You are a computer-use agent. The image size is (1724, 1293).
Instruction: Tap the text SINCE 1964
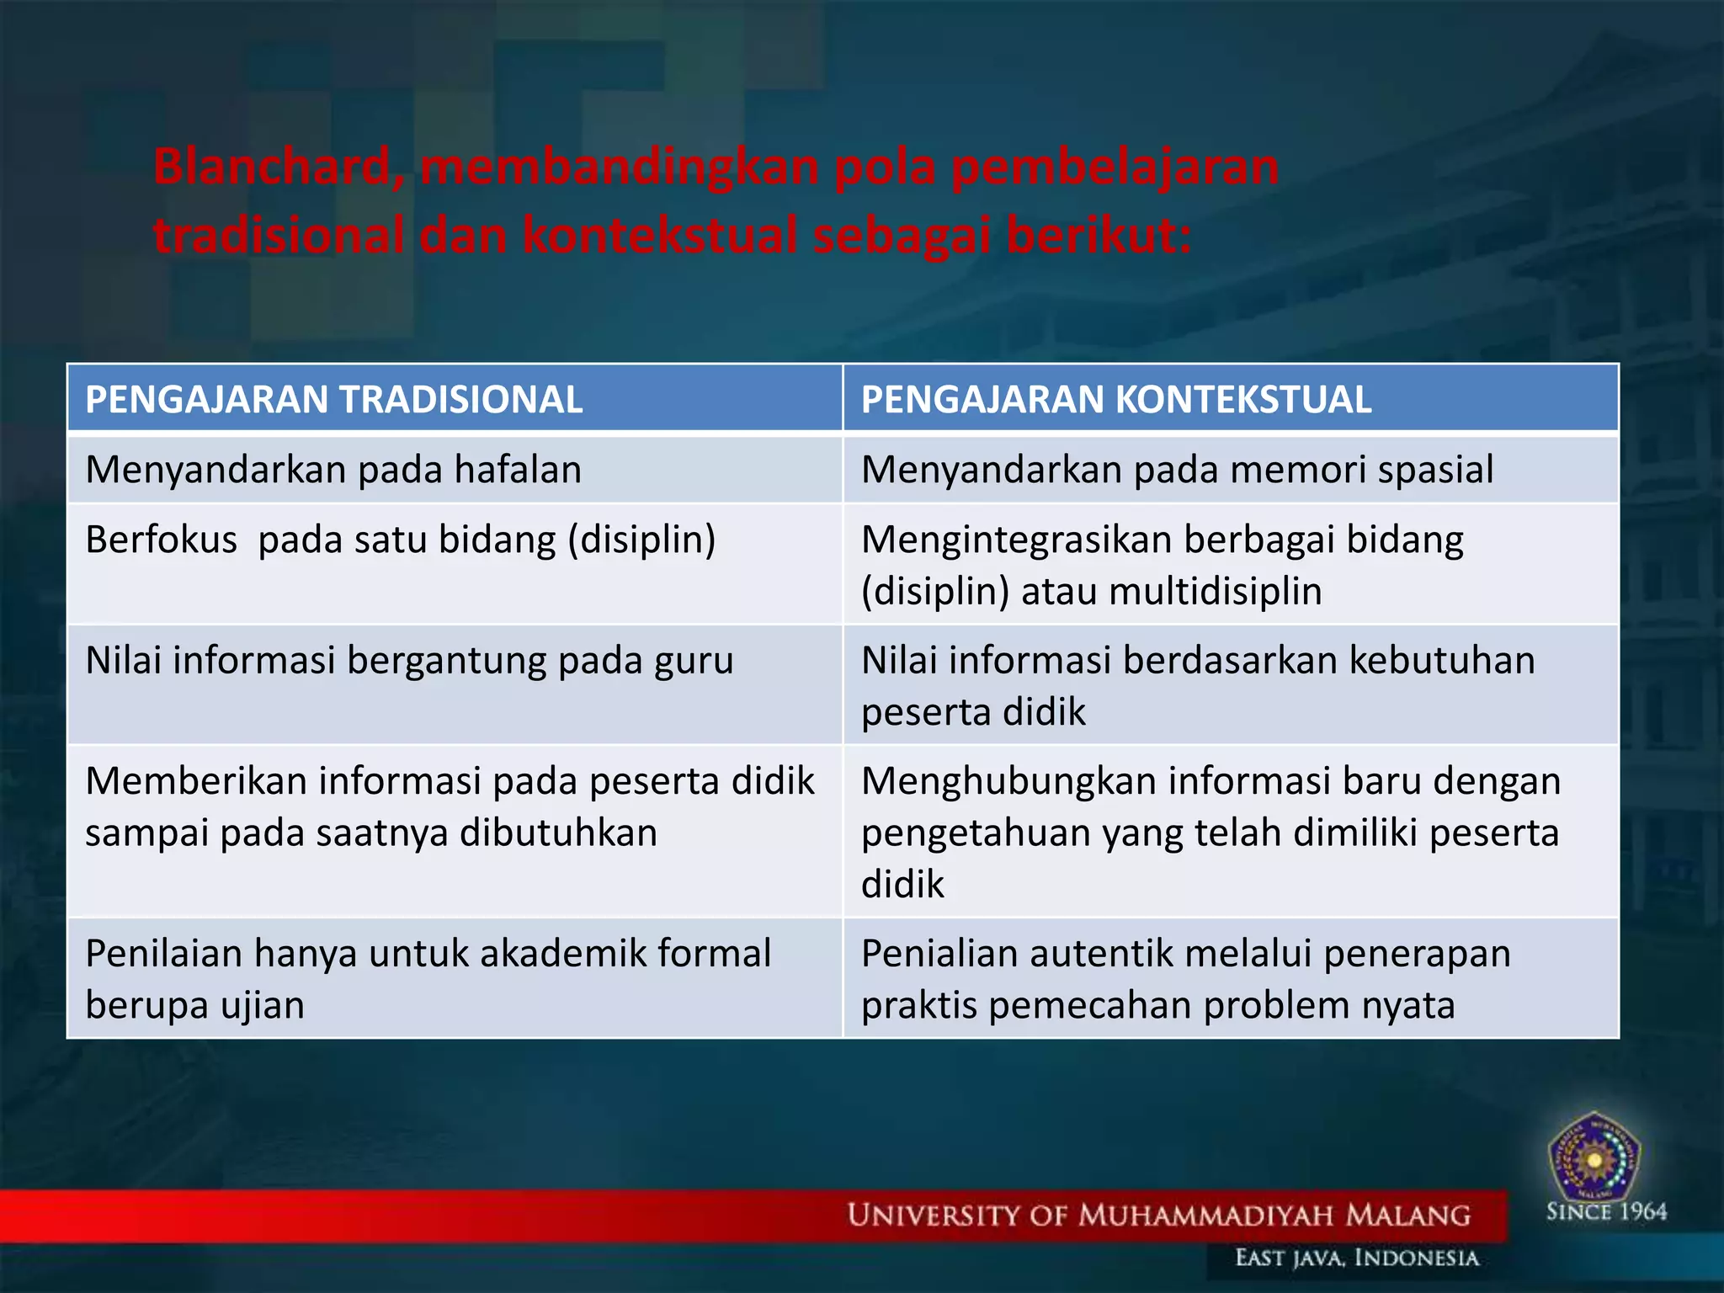click(x=1606, y=1212)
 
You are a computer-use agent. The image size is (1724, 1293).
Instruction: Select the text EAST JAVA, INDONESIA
click(x=1356, y=1258)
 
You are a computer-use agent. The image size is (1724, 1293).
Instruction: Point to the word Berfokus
click(x=161, y=540)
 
